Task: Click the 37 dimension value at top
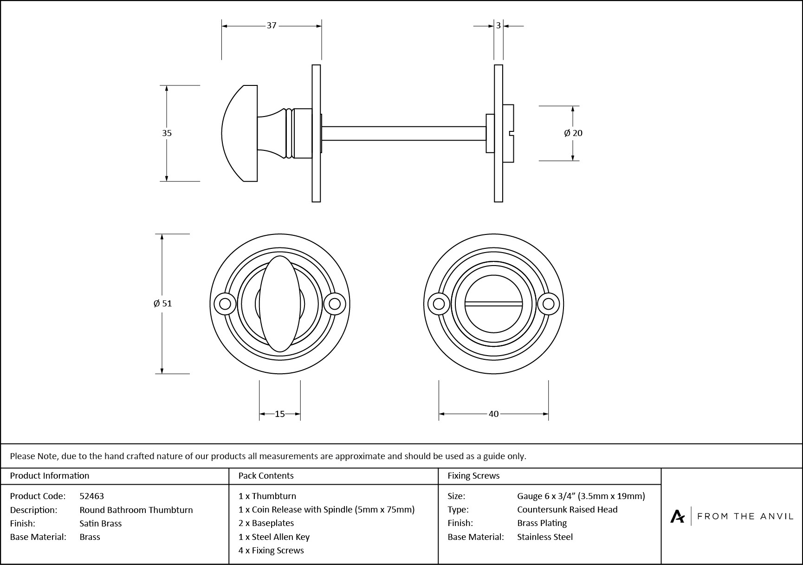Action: click(272, 26)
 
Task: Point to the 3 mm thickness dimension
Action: click(499, 26)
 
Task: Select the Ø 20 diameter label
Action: click(573, 133)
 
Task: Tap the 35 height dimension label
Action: click(167, 133)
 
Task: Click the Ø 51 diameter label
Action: click(162, 304)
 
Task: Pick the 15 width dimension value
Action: click(279, 414)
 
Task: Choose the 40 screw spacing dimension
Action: click(493, 414)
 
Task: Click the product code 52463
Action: click(91, 496)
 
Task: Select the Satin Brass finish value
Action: click(100, 523)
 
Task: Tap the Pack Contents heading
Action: click(266, 476)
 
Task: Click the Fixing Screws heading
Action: click(473, 476)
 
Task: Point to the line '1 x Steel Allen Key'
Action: click(274, 537)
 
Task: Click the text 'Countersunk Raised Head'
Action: click(567, 510)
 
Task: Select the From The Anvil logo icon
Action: click(677, 516)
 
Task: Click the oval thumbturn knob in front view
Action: click(279, 304)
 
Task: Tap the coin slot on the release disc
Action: click(493, 304)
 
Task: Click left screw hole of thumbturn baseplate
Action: click(225, 304)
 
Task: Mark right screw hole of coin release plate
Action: click(548, 304)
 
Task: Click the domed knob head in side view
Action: click(239, 133)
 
